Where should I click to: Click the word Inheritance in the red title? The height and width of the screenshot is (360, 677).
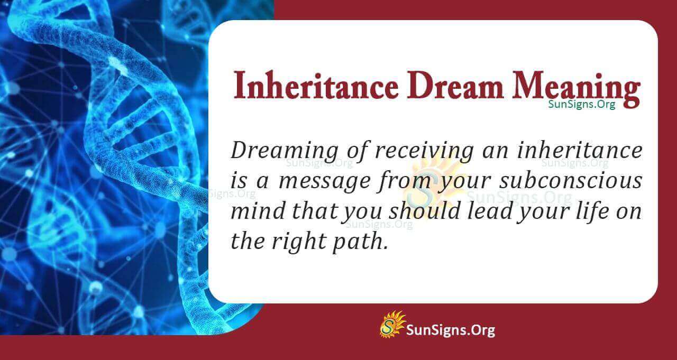point(316,86)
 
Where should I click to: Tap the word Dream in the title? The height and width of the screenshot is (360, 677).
point(454,86)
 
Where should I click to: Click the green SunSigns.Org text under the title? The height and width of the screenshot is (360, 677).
point(582,105)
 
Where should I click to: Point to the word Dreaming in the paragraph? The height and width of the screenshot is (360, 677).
point(285,151)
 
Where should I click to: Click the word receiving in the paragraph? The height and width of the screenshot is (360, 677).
point(424,151)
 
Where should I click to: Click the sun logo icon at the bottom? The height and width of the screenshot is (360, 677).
point(392,324)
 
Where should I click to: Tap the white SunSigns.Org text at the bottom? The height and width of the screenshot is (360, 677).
point(450,330)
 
